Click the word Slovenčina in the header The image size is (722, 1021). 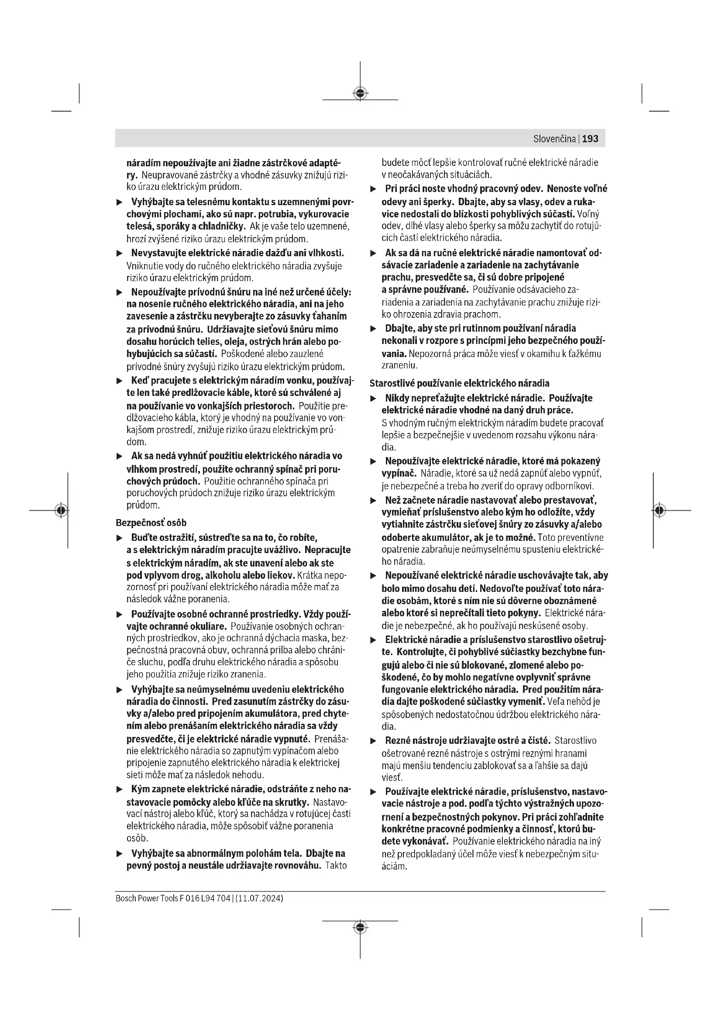554,139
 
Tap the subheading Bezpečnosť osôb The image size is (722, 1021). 151,523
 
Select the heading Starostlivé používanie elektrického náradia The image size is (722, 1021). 459,383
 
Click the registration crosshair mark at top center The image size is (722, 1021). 360,93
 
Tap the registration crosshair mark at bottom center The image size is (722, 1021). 360,927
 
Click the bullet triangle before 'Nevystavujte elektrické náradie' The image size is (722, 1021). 119,254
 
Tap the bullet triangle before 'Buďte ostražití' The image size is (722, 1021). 119,538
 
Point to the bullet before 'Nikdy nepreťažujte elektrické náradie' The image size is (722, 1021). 374,399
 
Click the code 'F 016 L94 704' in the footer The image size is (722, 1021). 204,898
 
